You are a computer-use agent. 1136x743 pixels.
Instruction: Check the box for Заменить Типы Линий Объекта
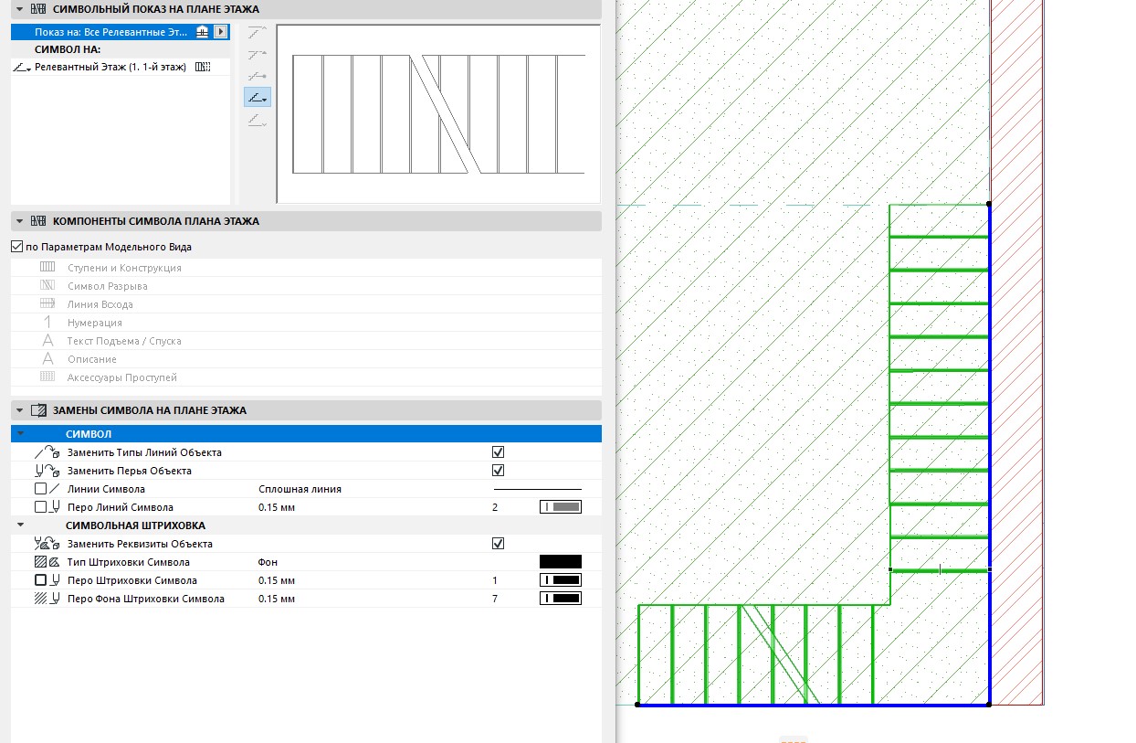(x=498, y=452)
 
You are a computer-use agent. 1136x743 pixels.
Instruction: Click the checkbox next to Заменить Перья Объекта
(x=498, y=471)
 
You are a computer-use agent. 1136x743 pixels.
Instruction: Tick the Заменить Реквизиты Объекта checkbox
(x=498, y=544)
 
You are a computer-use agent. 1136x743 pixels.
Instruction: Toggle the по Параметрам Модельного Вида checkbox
(x=16, y=247)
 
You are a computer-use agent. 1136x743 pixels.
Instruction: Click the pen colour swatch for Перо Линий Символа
(x=561, y=507)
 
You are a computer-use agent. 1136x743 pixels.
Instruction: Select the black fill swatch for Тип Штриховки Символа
(x=561, y=561)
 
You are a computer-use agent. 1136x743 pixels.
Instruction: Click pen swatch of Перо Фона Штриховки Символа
(x=561, y=599)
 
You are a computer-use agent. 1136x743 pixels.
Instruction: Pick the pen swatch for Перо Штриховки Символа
(x=561, y=580)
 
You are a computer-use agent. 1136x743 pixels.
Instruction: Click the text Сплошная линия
(x=300, y=489)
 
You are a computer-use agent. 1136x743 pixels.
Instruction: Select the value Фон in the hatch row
(x=268, y=562)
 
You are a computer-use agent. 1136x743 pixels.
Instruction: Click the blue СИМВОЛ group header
(x=306, y=434)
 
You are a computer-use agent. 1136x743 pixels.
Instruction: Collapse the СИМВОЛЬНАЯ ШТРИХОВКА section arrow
(x=21, y=525)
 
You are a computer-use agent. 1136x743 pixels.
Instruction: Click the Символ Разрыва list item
(x=108, y=286)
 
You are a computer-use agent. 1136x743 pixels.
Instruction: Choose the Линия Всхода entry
(x=100, y=304)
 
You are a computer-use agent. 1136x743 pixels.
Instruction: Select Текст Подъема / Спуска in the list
(x=124, y=341)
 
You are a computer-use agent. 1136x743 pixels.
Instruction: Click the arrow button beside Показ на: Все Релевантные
(x=221, y=32)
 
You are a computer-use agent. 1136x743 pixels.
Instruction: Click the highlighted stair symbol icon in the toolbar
(x=258, y=98)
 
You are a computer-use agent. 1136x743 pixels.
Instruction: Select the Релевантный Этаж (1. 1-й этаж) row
(x=110, y=67)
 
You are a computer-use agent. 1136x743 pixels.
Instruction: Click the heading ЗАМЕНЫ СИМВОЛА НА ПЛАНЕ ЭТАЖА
(x=150, y=410)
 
